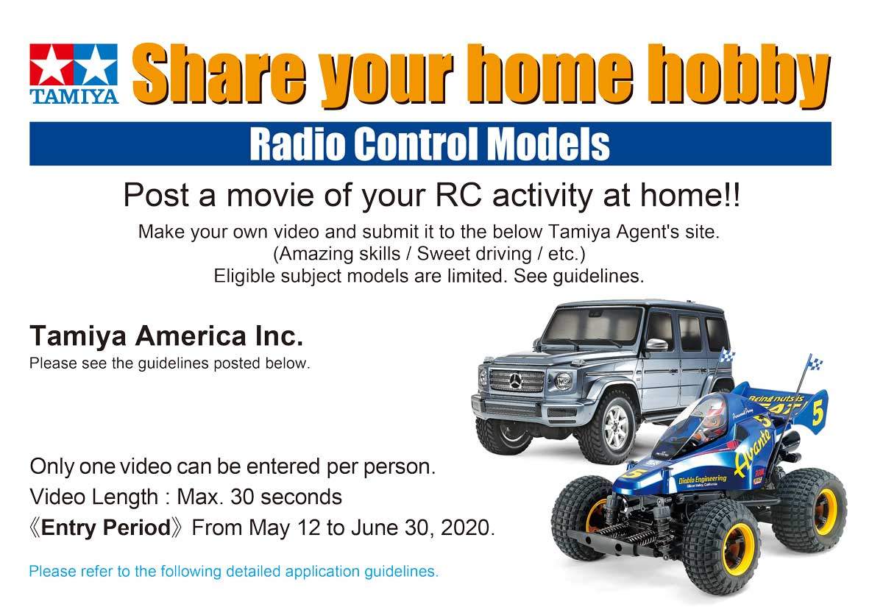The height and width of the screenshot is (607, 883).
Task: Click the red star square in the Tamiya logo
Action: [52, 64]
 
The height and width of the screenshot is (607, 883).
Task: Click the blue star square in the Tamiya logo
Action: [96, 64]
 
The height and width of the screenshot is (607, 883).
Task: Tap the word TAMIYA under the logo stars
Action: [74, 96]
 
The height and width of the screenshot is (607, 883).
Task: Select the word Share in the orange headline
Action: [219, 74]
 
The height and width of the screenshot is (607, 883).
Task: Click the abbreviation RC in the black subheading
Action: [458, 195]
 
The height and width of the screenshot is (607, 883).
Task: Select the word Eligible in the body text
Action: [244, 277]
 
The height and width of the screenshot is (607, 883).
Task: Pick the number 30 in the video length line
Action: [242, 497]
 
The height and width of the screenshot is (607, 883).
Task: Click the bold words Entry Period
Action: [106, 528]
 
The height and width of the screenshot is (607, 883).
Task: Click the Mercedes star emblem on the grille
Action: [515, 381]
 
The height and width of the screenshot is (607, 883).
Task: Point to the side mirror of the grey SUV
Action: [657, 345]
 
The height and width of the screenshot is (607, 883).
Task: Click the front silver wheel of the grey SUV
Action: [615, 426]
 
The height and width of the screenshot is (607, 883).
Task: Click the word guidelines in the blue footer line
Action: [401, 572]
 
